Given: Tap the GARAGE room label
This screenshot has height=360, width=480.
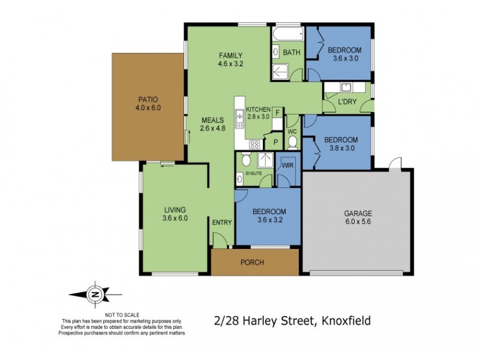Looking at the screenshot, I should (358, 213).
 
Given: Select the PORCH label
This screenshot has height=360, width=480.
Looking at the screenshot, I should (252, 262).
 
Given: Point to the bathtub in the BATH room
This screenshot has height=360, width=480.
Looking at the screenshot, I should (287, 34).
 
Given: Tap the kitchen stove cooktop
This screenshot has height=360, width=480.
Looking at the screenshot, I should (254, 144).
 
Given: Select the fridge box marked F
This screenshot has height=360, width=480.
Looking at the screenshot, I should (277, 112).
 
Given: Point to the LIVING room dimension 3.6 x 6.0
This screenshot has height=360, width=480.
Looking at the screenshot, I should (175, 218).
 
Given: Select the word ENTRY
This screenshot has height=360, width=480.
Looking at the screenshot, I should (222, 223).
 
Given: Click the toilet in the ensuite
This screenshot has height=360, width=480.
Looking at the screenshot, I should (245, 159).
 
